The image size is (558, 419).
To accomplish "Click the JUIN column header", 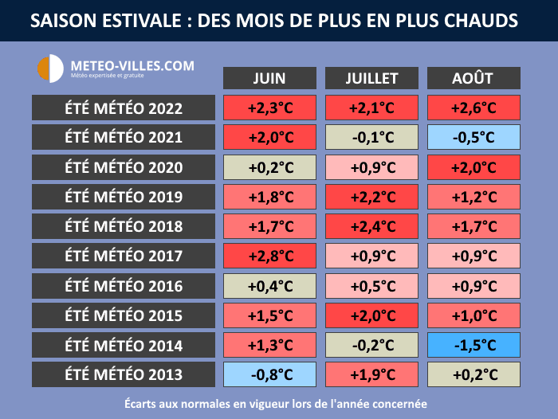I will coord(269,78).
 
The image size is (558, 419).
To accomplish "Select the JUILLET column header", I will coord(371,78).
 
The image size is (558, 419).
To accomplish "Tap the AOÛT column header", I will coord(474,78).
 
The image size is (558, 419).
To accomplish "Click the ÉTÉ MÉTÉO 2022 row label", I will coord(124,108).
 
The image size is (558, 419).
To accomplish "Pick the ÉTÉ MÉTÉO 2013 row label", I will coord(124,375).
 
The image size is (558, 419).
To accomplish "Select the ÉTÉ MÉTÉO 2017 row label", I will coord(124,256).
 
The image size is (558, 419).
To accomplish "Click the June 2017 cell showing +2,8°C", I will coord(270,256).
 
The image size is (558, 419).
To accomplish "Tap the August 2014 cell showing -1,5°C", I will coord(474,346).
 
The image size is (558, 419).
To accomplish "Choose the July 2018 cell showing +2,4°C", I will coord(371,227).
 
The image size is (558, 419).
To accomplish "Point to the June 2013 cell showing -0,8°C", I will coord(270,375).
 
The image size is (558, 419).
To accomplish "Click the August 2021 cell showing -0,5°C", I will coord(474,138).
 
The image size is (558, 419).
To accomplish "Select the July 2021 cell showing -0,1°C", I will coord(371,138).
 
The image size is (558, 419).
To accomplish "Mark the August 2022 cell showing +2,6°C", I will coord(474,108).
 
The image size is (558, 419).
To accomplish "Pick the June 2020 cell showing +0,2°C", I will coord(270,167).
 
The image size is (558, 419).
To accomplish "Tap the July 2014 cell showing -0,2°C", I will coord(371,346).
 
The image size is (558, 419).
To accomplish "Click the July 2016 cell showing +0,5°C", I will coord(371,286).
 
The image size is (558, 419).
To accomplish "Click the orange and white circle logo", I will coord(50,68).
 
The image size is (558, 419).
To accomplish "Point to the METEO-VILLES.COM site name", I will coord(132,65).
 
